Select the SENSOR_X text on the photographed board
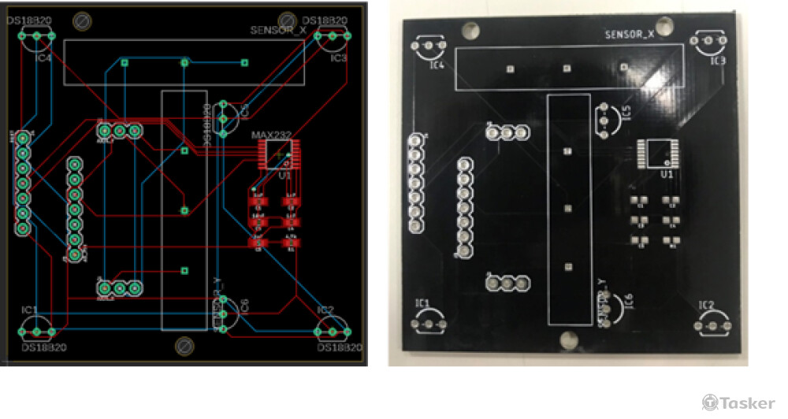[629, 35]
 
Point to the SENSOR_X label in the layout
[277, 30]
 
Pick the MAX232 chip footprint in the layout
[279, 153]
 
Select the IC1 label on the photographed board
[422, 303]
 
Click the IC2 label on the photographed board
[706, 305]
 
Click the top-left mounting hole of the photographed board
[470, 30]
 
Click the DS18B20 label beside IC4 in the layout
[29, 20]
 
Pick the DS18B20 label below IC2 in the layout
[339, 347]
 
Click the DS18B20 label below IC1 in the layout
[43, 347]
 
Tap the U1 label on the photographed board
[666, 174]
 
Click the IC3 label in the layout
[339, 58]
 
